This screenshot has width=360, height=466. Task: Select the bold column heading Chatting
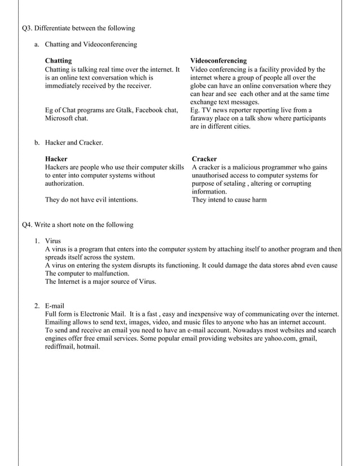coord(58,60)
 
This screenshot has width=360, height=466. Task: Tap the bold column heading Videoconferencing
coord(218,60)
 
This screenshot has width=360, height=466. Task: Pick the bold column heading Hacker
coord(56,159)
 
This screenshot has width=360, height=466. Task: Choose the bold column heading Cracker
coord(204,159)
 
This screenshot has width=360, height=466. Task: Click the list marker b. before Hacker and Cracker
coord(37,143)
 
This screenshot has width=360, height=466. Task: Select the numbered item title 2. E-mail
coord(54,305)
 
